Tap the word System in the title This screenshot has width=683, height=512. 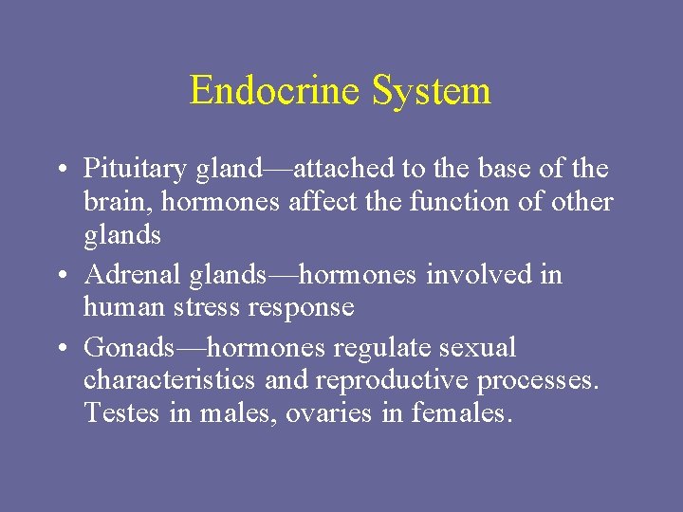pos(432,91)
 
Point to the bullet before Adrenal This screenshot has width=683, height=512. pos(60,276)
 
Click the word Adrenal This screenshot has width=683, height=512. pos(124,275)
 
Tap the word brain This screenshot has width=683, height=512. pos(110,203)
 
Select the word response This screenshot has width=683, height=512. pos(306,308)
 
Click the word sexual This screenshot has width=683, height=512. pos(478,348)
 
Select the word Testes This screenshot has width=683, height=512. pos(117,413)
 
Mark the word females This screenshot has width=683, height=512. pos(462,413)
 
